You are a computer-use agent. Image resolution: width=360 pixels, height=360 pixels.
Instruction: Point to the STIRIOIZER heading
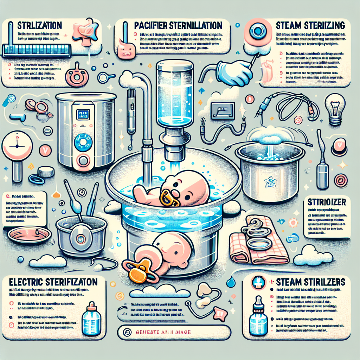[x=323, y=203]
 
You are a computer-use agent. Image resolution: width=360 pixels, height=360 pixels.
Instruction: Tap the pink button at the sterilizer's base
[x=84, y=161]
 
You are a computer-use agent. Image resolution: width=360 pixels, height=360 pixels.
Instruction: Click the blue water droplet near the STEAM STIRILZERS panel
[x=231, y=282]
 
